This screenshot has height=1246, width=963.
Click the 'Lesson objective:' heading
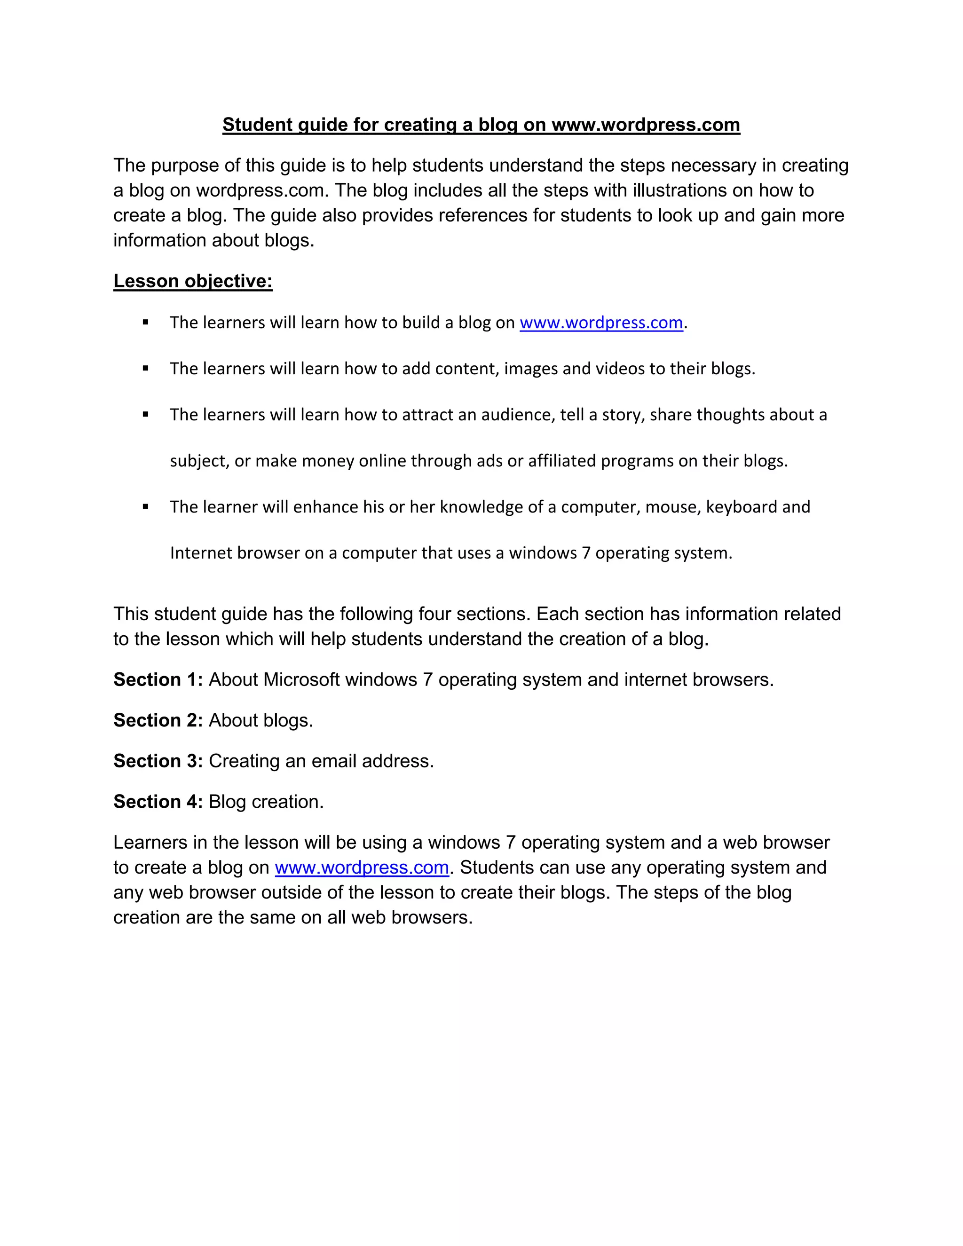point(193,281)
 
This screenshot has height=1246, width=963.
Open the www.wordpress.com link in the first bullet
point(601,323)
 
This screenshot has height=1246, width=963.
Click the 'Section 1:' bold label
point(158,679)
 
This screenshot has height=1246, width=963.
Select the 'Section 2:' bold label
point(158,720)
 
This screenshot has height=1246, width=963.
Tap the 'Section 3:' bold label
point(158,761)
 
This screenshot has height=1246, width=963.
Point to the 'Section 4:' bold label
point(158,802)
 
